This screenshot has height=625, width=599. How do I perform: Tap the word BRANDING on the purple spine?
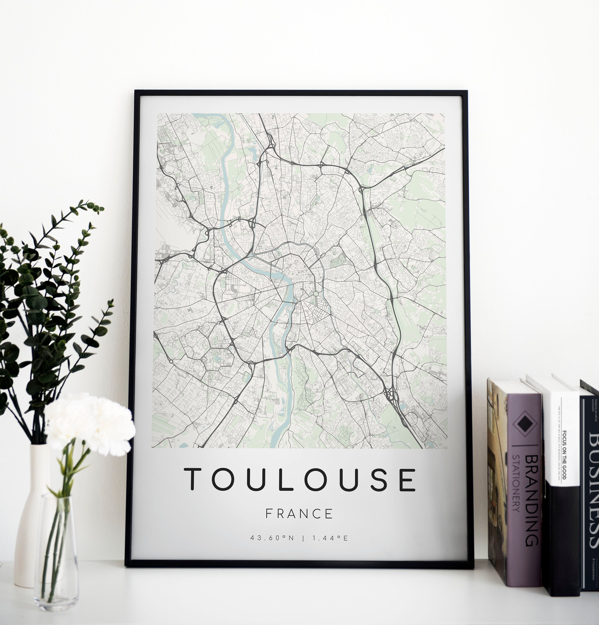(x=532, y=501)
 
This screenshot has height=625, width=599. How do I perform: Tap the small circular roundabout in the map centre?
(x=316, y=293)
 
